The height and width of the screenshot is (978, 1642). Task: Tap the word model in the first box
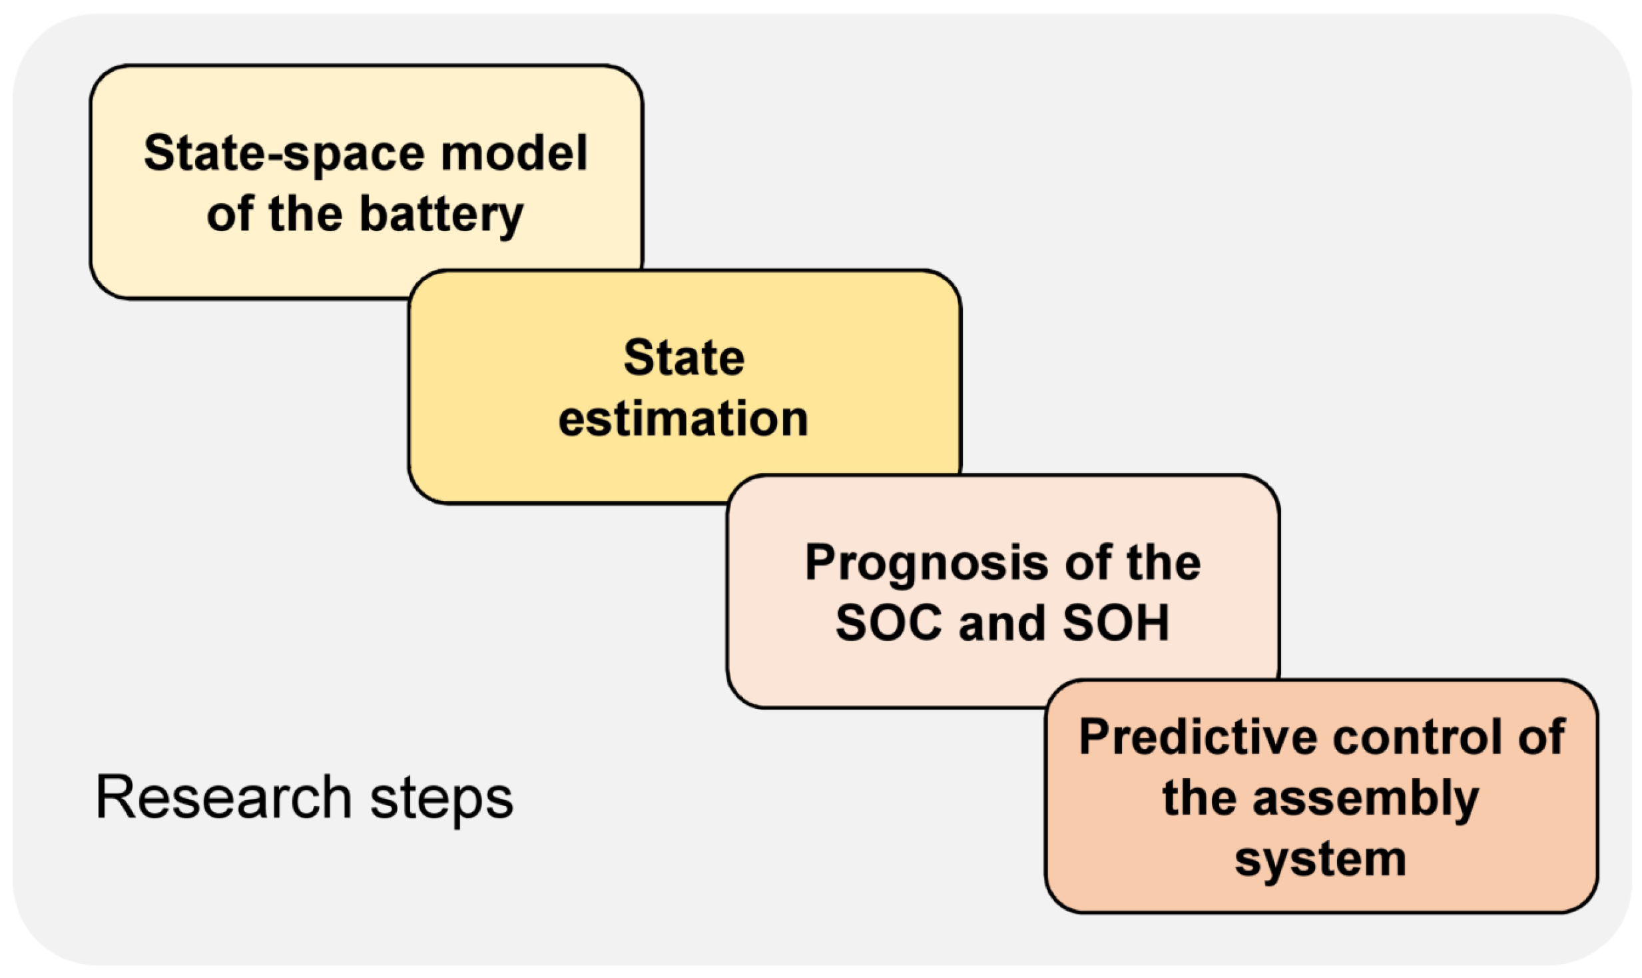pyautogui.click(x=514, y=153)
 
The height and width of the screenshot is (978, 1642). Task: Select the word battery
pyautogui.click(x=441, y=215)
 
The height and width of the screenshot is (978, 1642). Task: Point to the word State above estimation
pyautogui.click(x=684, y=358)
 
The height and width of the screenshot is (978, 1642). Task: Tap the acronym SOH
pyautogui.click(x=1116, y=624)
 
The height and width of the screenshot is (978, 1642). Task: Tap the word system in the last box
pyautogui.click(x=1320, y=859)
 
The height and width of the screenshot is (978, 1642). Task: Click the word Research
pyautogui.click(x=224, y=797)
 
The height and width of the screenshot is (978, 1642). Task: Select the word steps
pyautogui.click(x=441, y=799)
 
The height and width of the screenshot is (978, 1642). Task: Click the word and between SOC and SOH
pyautogui.click(x=1003, y=624)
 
